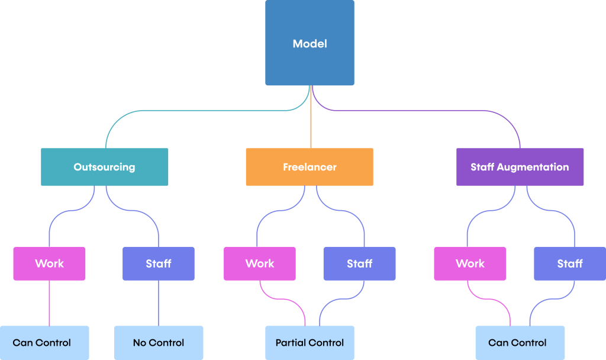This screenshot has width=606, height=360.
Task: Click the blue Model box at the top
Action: pyautogui.click(x=310, y=43)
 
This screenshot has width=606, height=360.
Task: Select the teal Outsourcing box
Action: pyautogui.click(x=104, y=167)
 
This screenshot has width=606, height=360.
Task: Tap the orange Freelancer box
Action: pyautogui.click(x=310, y=167)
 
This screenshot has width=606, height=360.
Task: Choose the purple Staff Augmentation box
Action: pyautogui.click(x=520, y=167)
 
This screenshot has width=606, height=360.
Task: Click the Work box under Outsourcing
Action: pyautogui.click(x=49, y=263)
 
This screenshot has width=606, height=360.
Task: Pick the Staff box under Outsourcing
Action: pyautogui.click(x=159, y=263)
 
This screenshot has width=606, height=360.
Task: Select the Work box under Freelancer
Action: pyautogui.click(x=260, y=263)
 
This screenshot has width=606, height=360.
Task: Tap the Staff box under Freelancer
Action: pyautogui.click(x=359, y=263)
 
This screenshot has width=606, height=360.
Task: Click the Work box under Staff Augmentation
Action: pyautogui.click(x=470, y=263)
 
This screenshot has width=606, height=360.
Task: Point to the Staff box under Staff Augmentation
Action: pyautogui.click(x=570, y=263)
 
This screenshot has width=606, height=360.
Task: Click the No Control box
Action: pyautogui.click(x=159, y=343)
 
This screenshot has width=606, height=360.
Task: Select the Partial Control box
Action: pyautogui.click(x=310, y=343)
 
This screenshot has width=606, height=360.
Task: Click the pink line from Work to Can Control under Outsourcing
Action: pyautogui.click(x=49, y=302)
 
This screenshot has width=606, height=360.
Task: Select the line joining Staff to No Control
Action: pyautogui.click(x=159, y=302)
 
